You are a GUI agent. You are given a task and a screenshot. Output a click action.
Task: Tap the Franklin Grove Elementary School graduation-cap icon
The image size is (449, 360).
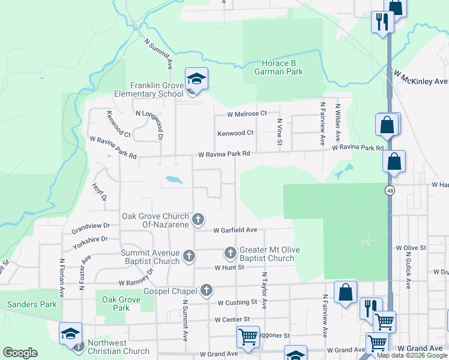click(196, 79)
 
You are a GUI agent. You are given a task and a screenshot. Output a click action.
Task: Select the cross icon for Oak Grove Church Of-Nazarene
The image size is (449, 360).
click(198, 219)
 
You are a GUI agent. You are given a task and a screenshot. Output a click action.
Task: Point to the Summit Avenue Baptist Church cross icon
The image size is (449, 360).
click(188, 256)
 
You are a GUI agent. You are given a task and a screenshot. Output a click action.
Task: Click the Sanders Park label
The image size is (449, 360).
click(32, 304)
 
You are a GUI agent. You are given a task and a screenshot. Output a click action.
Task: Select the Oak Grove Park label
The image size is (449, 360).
click(116, 304)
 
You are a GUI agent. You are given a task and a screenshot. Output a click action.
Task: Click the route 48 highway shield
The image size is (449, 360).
click(390, 190)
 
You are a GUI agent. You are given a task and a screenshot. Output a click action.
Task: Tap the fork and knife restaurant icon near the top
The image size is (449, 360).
click(382, 22)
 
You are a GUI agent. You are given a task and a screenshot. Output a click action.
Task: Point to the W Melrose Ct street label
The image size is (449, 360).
click(247, 113)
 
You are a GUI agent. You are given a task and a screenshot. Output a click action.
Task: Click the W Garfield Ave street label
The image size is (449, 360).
click(235, 230)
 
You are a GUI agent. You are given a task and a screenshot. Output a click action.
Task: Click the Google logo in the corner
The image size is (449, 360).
click(20, 353)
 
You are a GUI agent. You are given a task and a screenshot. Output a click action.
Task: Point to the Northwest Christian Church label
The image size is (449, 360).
click(118, 347)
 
